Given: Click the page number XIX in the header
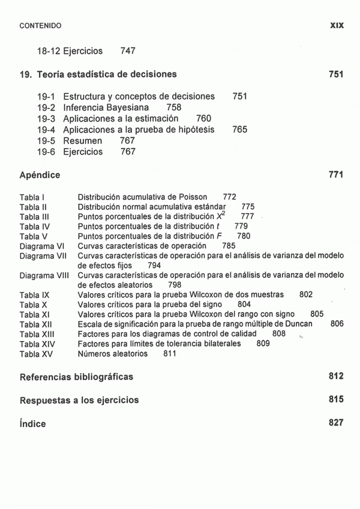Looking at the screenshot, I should tap(336, 26).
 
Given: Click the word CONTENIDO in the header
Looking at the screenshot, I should tap(40, 26).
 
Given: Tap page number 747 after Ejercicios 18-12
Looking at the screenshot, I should tap(128, 52).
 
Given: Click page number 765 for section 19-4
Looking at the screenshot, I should tap(239, 129).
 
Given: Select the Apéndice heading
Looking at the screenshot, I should tap(40, 175).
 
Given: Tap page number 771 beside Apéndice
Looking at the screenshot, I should tap(336, 175).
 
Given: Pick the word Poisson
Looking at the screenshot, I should tap(193, 197).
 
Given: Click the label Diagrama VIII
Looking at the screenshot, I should tap(44, 276).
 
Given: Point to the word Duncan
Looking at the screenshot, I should tap(298, 324).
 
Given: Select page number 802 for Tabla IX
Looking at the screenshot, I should tap(305, 295).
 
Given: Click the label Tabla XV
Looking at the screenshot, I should tap(36, 354).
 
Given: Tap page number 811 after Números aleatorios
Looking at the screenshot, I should tap(170, 354).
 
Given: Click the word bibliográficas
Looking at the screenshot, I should tap(95, 377).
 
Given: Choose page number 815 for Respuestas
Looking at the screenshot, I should tap(336, 400).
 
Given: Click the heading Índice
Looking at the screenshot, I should tap(32, 423).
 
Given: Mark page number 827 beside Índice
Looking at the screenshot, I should tap(336, 423).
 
